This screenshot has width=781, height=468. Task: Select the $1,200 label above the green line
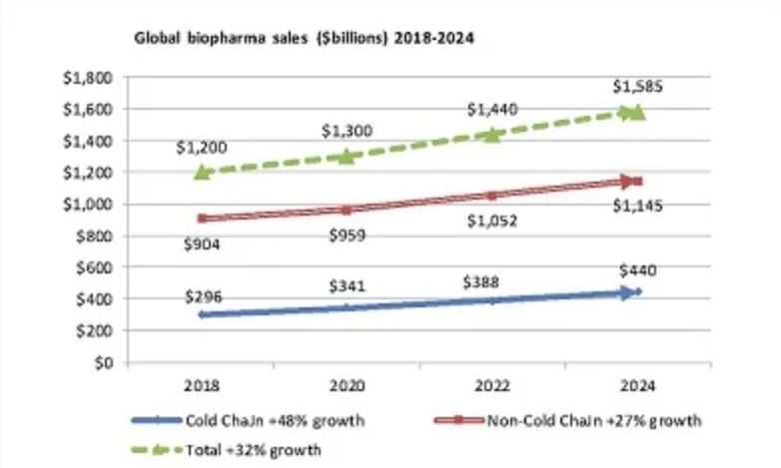tap(202, 148)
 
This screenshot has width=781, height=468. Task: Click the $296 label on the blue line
tap(203, 295)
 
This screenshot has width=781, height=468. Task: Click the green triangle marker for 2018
tap(203, 172)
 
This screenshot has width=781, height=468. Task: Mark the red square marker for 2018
tap(203, 218)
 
